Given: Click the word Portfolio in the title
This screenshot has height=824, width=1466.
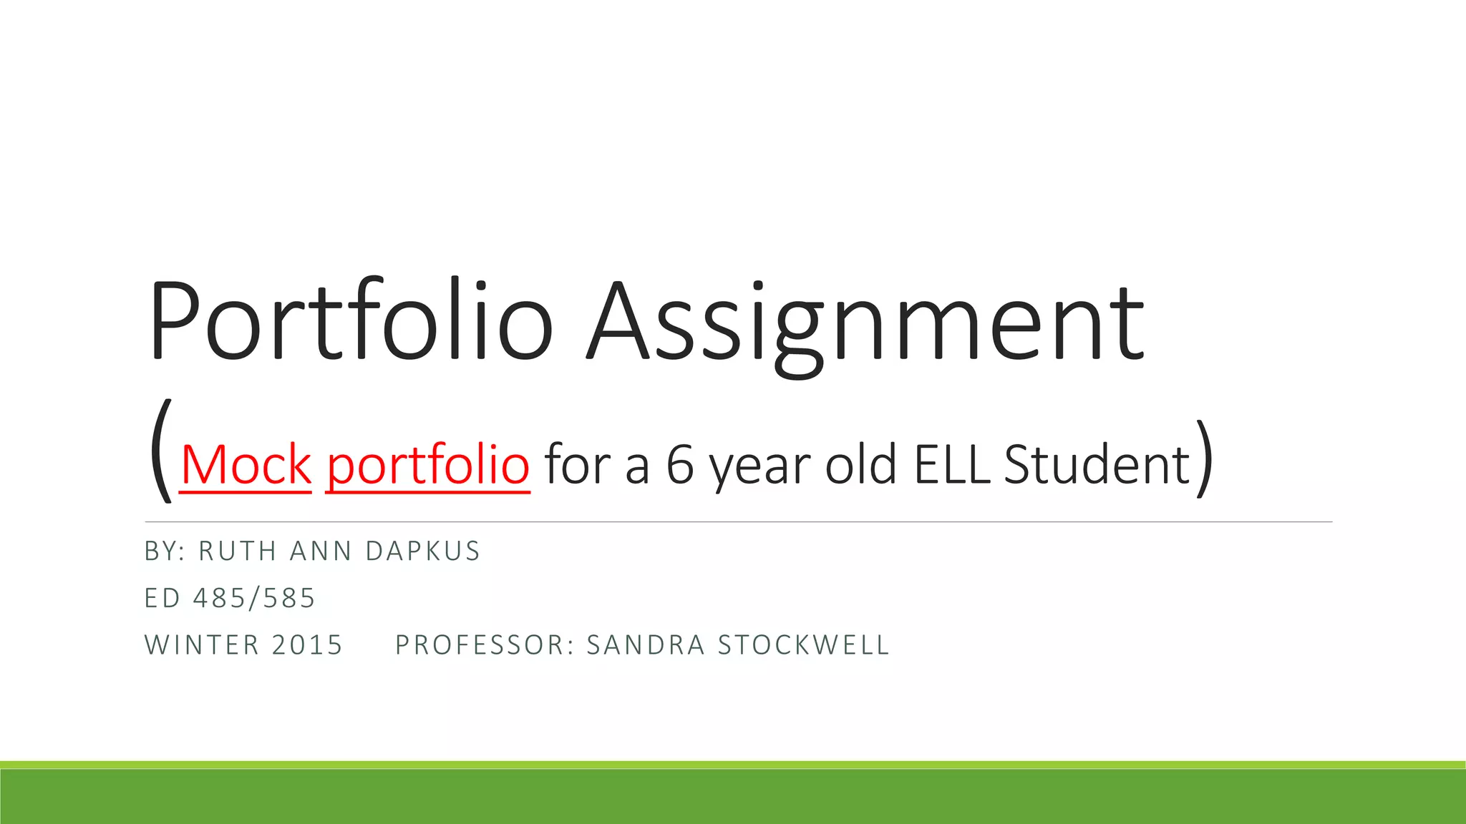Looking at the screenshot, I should (351, 322).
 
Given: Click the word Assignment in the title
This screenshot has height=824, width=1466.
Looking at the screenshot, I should (866, 325).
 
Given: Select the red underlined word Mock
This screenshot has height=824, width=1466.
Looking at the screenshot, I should (246, 465).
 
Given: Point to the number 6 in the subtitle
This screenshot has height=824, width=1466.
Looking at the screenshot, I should (680, 465).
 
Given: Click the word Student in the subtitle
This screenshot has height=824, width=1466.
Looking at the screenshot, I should (1097, 465).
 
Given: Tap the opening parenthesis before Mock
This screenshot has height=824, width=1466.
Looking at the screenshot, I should (162, 451).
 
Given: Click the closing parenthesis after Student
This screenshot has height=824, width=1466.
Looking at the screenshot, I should (1205, 458).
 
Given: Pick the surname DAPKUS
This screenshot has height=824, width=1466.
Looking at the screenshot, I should (422, 551).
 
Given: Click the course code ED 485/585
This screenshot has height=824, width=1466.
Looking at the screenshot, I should (230, 599).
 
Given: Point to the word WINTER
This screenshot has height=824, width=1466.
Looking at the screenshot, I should (203, 645).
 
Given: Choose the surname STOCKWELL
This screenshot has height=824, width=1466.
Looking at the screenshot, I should (803, 645).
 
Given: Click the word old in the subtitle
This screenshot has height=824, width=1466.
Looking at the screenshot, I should (861, 465).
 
